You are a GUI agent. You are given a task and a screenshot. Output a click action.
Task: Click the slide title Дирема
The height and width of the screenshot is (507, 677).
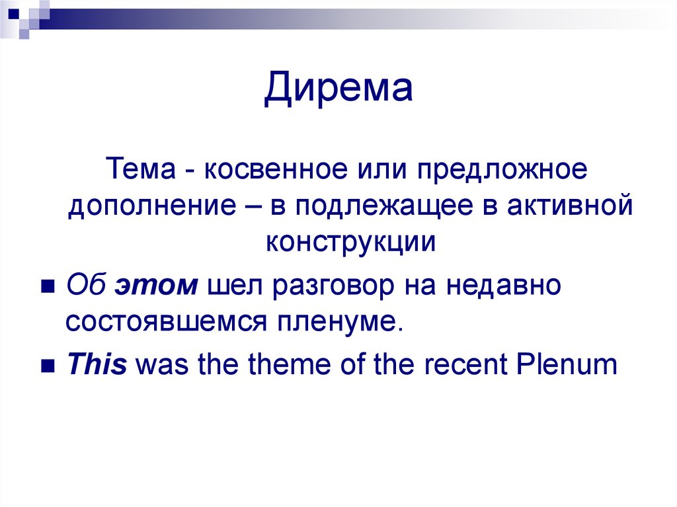(x=338, y=91)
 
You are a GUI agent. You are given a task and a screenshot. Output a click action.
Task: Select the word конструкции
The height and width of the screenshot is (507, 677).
(x=351, y=243)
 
